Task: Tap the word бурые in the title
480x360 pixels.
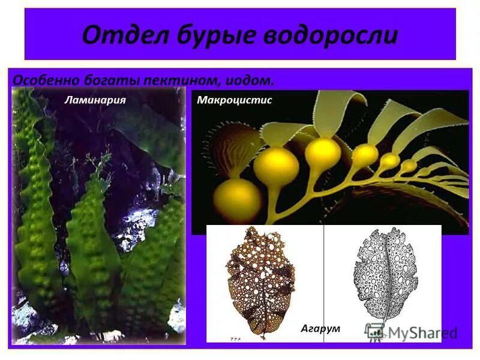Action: pyautogui.click(x=204, y=35)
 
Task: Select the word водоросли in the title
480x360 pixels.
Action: pyautogui.click(x=327, y=35)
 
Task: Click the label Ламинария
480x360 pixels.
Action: pyautogui.click(x=95, y=99)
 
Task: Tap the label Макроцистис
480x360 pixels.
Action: pyautogui.click(x=235, y=100)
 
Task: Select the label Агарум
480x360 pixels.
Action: pyautogui.click(x=320, y=328)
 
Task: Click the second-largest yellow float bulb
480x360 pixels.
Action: pyautogui.click(x=275, y=169)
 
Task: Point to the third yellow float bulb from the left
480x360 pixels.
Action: pyautogui.click(x=322, y=154)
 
